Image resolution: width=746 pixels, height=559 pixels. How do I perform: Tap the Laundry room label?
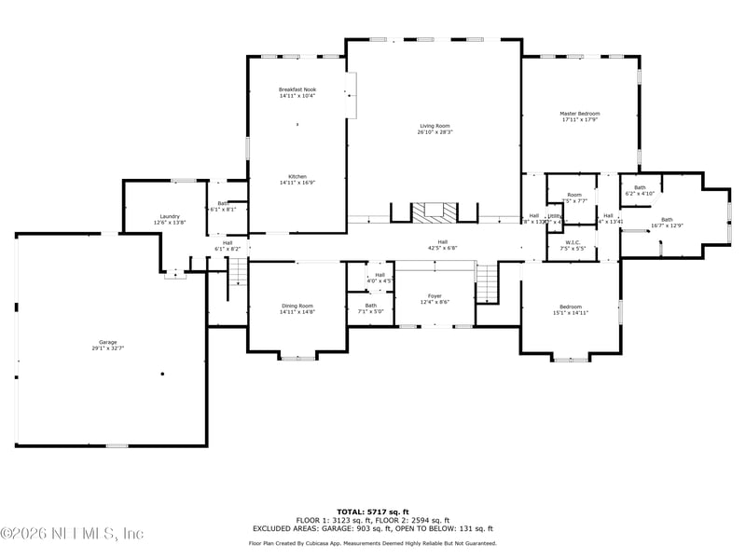(x=170, y=219)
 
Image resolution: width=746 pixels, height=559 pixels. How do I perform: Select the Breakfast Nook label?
(x=297, y=92)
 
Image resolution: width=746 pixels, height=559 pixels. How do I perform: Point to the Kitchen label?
(x=297, y=180)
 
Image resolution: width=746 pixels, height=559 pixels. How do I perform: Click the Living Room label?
(x=435, y=129)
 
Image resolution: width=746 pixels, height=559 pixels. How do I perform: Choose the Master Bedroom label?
(x=580, y=116)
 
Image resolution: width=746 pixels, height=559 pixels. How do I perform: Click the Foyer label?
(x=435, y=298)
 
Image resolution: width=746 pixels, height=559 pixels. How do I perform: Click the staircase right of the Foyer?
(x=487, y=282)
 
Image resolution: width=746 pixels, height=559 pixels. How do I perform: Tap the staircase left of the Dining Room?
(x=239, y=273)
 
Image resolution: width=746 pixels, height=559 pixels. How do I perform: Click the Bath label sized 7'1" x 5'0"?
(x=371, y=308)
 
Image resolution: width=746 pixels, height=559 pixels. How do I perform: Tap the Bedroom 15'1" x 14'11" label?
(x=571, y=310)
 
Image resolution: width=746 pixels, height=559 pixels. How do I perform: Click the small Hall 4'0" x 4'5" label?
(x=380, y=278)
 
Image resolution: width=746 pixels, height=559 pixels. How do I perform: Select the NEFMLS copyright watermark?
(x=73, y=534)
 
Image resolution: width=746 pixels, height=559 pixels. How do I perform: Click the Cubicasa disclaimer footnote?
(x=372, y=543)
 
